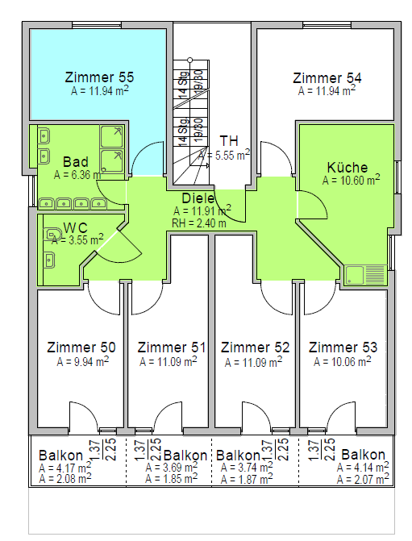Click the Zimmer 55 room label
(99, 77)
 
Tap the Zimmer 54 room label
(327, 77)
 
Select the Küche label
(347, 168)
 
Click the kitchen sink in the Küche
(365, 275)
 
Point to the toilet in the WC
(52, 235)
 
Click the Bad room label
(76, 162)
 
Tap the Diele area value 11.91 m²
(202, 210)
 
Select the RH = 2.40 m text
(199, 223)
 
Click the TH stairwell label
(229, 141)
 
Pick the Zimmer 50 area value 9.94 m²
(83, 361)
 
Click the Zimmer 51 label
(172, 347)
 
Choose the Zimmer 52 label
(256, 347)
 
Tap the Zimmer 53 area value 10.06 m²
(343, 361)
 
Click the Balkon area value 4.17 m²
(65, 468)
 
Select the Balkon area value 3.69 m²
(172, 467)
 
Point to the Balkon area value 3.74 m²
(247, 468)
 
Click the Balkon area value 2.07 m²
(363, 479)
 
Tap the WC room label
(76, 227)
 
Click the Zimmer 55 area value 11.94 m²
(100, 91)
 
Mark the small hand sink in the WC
(49, 260)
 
